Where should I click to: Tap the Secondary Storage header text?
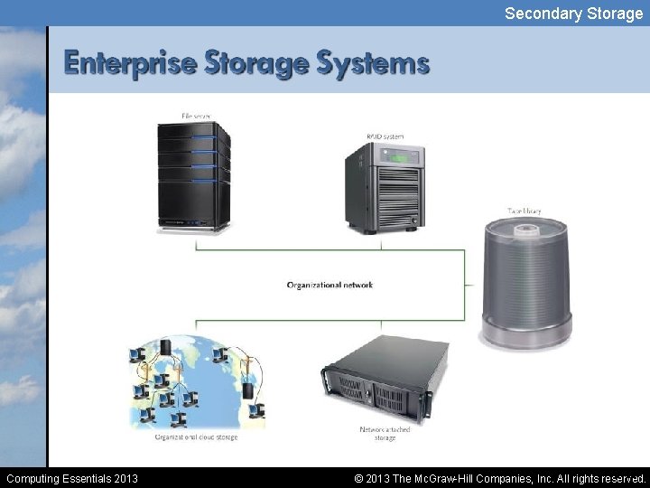click(x=573, y=13)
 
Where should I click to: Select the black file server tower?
click(x=193, y=175)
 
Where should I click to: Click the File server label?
click(x=196, y=116)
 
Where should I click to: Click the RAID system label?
click(x=385, y=136)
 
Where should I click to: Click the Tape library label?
click(x=525, y=211)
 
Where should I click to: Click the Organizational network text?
click(x=330, y=286)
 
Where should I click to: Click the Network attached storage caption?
click(x=385, y=433)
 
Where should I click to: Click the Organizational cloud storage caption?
click(x=196, y=436)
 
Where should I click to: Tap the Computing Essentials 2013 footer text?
click(x=72, y=478)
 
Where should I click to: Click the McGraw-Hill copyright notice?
click(x=500, y=478)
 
